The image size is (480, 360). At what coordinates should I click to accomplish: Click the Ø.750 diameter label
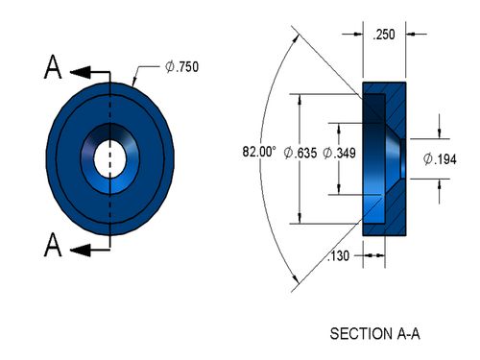tap(181, 66)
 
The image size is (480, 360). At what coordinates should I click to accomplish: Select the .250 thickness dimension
tap(384, 35)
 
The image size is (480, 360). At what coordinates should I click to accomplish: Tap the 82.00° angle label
tap(259, 152)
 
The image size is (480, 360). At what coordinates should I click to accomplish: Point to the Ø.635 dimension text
tap(300, 153)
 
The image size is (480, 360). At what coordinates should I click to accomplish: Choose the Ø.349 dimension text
tap(339, 153)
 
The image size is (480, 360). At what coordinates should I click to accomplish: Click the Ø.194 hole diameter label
tap(440, 159)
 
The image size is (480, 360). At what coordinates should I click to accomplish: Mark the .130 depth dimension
tap(338, 256)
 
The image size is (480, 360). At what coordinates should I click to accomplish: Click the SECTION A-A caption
tap(374, 334)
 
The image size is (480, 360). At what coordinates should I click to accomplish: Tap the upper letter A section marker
tap(53, 67)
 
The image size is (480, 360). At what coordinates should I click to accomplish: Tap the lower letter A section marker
tap(53, 245)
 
